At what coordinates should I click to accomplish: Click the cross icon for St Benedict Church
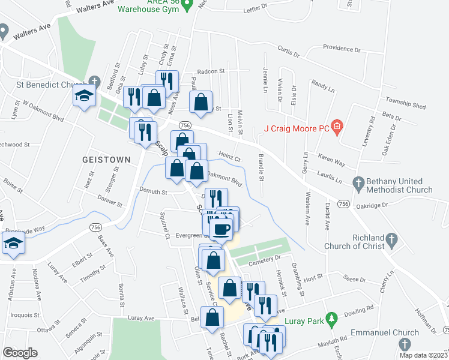(x=94, y=81)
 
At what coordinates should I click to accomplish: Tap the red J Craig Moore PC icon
(x=337, y=127)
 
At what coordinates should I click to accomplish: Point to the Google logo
(x=20, y=353)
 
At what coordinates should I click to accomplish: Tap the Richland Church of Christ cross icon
(x=391, y=241)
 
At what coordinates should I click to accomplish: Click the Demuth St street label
(x=153, y=192)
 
